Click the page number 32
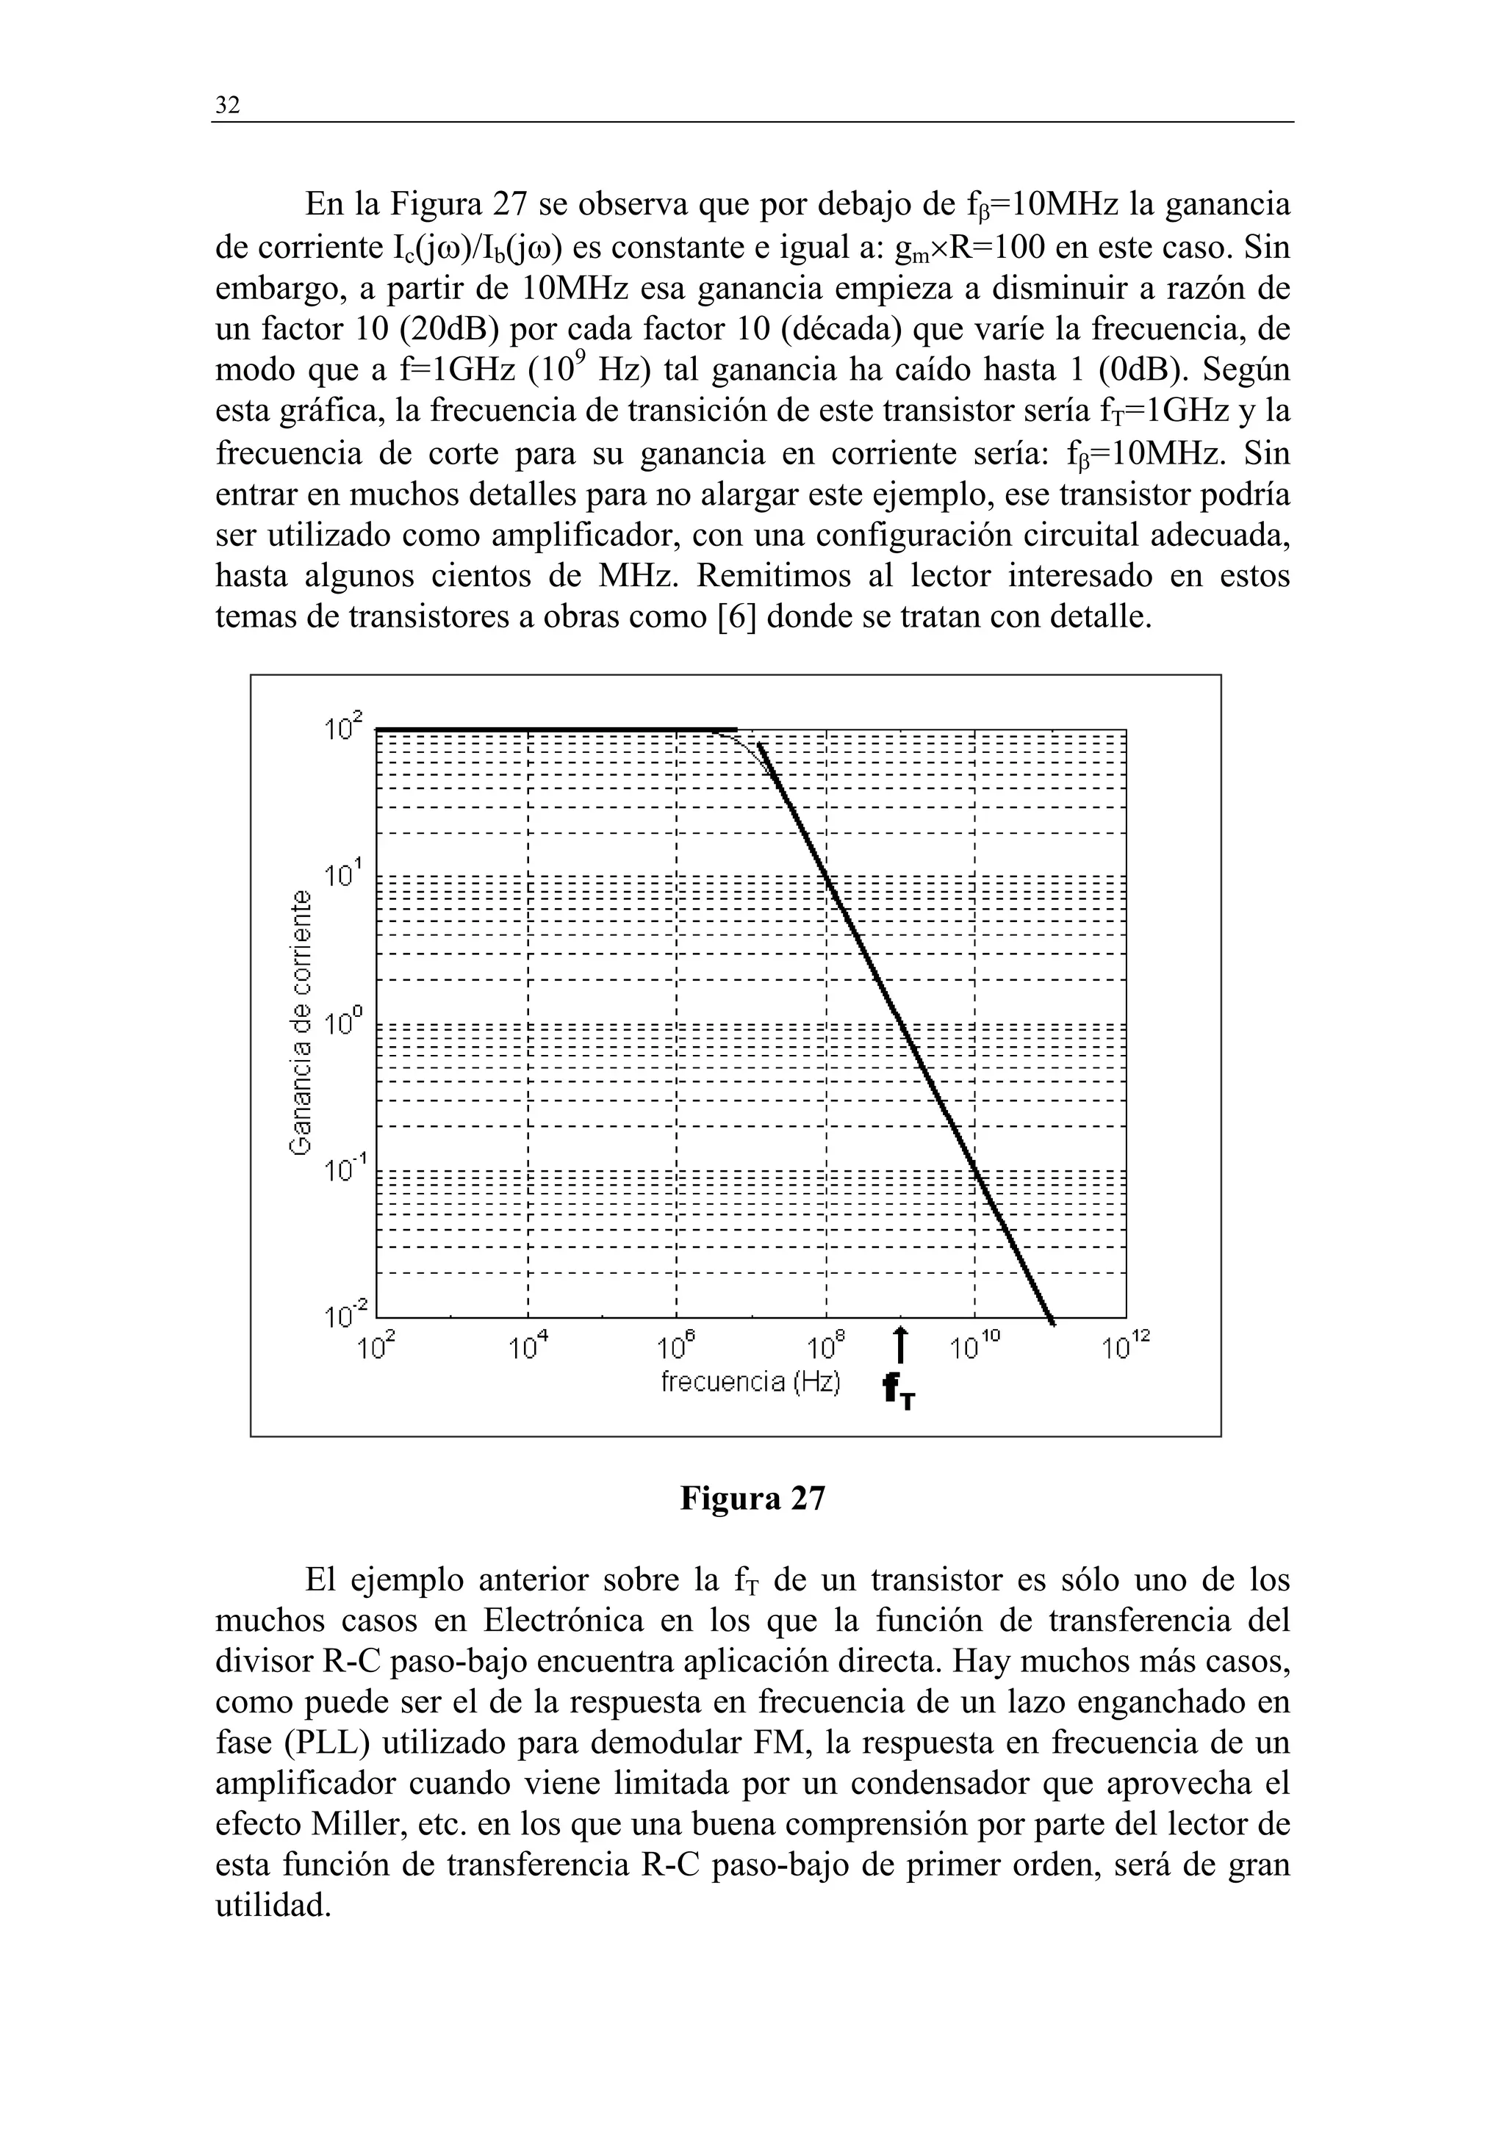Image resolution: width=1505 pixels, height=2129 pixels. (x=227, y=106)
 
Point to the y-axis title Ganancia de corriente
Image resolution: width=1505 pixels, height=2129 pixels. (x=301, y=1022)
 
